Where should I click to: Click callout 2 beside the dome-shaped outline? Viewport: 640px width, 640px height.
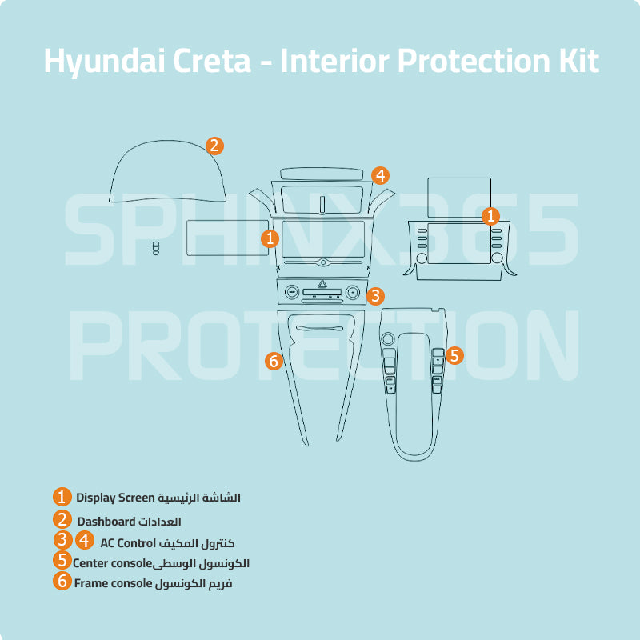pyautogui.click(x=214, y=146)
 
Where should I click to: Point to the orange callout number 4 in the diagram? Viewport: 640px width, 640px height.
pyautogui.click(x=380, y=175)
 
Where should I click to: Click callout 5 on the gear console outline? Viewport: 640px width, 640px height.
pyautogui.click(x=454, y=356)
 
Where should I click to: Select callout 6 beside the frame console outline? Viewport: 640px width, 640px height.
pyautogui.click(x=274, y=361)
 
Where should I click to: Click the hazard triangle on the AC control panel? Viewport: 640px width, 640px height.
pyautogui.click(x=323, y=284)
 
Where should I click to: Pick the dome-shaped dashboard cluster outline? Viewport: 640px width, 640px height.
pyautogui.click(x=168, y=172)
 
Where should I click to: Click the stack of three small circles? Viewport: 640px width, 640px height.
pyautogui.click(x=156, y=248)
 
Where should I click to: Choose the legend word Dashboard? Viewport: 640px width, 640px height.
pyautogui.click(x=106, y=522)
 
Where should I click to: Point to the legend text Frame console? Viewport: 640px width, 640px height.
pyautogui.click(x=113, y=583)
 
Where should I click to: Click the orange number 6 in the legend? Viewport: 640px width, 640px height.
pyautogui.click(x=62, y=582)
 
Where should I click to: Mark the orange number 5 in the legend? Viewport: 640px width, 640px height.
pyautogui.click(x=62, y=561)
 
